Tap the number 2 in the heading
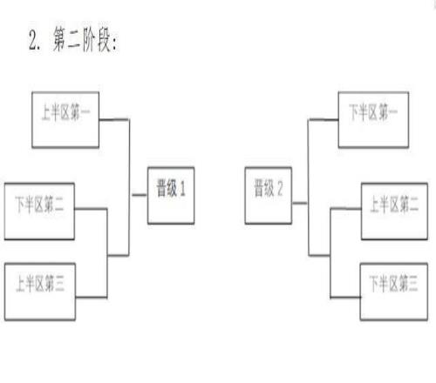[x=33, y=40]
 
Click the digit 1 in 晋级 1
[x=182, y=189]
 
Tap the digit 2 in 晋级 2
[x=280, y=189]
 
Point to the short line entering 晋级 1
[x=140, y=195]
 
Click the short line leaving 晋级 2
[x=300, y=203]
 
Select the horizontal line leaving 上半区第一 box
[x=114, y=119]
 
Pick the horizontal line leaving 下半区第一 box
[x=324, y=119]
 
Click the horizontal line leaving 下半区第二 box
[x=91, y=209]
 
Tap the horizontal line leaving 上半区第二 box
[x=346, y=209]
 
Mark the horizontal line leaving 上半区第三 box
[x=92, y=297]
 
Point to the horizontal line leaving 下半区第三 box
[x=345, y=297]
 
